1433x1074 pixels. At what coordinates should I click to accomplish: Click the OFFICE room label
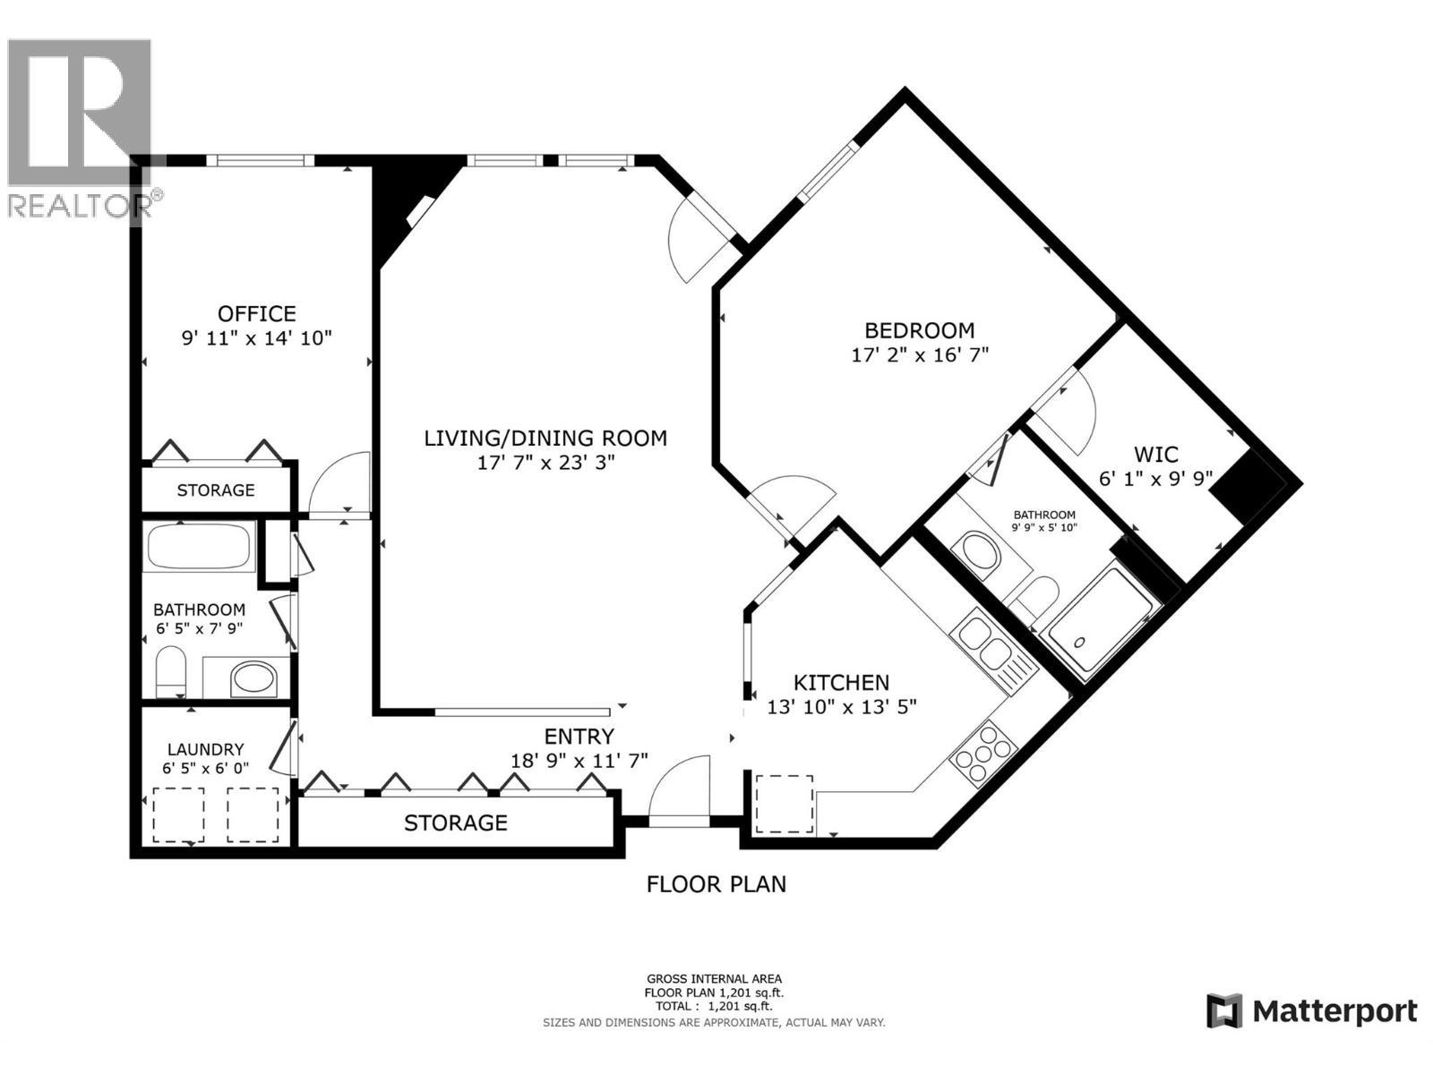(257, 314)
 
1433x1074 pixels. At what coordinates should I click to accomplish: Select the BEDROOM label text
(919, 330)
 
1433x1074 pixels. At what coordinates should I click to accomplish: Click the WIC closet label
(1155, 455)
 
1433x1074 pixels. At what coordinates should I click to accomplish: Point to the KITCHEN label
(842, 683)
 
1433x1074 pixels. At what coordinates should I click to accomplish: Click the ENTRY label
(579, 737)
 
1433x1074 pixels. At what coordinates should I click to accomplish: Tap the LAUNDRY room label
(206, 749)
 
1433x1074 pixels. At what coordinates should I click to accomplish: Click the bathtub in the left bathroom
(199, 547)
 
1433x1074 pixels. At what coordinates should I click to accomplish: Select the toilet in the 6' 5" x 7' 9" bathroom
(170, 671)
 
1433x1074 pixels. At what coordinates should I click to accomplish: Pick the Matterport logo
(1311, 1011)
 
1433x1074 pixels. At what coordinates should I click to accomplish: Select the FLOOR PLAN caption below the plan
(716, 884)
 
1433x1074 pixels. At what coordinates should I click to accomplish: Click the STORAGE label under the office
(216, 490)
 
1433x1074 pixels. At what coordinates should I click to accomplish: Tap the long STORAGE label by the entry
(456, 823)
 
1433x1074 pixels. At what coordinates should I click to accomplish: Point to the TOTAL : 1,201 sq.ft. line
(713, 1006)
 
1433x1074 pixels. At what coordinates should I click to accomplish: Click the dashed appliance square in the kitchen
(785, 804)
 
